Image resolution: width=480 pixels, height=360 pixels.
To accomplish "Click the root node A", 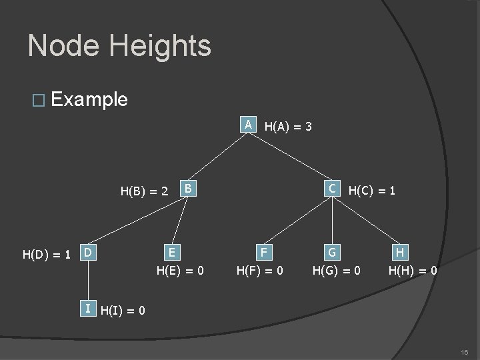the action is coord(248,125).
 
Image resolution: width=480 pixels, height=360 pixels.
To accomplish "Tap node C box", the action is coord(330,189).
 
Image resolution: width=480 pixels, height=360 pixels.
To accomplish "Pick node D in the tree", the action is coord(87,253).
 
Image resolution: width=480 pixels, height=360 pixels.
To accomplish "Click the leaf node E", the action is coord(172,253).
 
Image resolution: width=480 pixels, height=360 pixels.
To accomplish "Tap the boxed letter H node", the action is coord(399,253).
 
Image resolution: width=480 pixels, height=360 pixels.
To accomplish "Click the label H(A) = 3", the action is coord(289,126).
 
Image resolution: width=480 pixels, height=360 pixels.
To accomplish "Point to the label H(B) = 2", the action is coord(144,192).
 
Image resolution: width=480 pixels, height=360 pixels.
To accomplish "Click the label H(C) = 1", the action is coord(372,191).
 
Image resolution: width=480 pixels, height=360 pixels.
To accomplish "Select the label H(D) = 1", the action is coord(47,255).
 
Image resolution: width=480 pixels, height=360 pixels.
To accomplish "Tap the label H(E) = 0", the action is coord(180,271).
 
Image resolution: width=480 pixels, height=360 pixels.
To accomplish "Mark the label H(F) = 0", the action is coord(261,271).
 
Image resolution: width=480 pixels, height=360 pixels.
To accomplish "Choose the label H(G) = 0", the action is coord(337,271).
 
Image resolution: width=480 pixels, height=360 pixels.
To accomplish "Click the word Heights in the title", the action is coord(160,46).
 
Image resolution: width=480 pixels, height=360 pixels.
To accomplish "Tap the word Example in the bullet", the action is coord(89,100).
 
